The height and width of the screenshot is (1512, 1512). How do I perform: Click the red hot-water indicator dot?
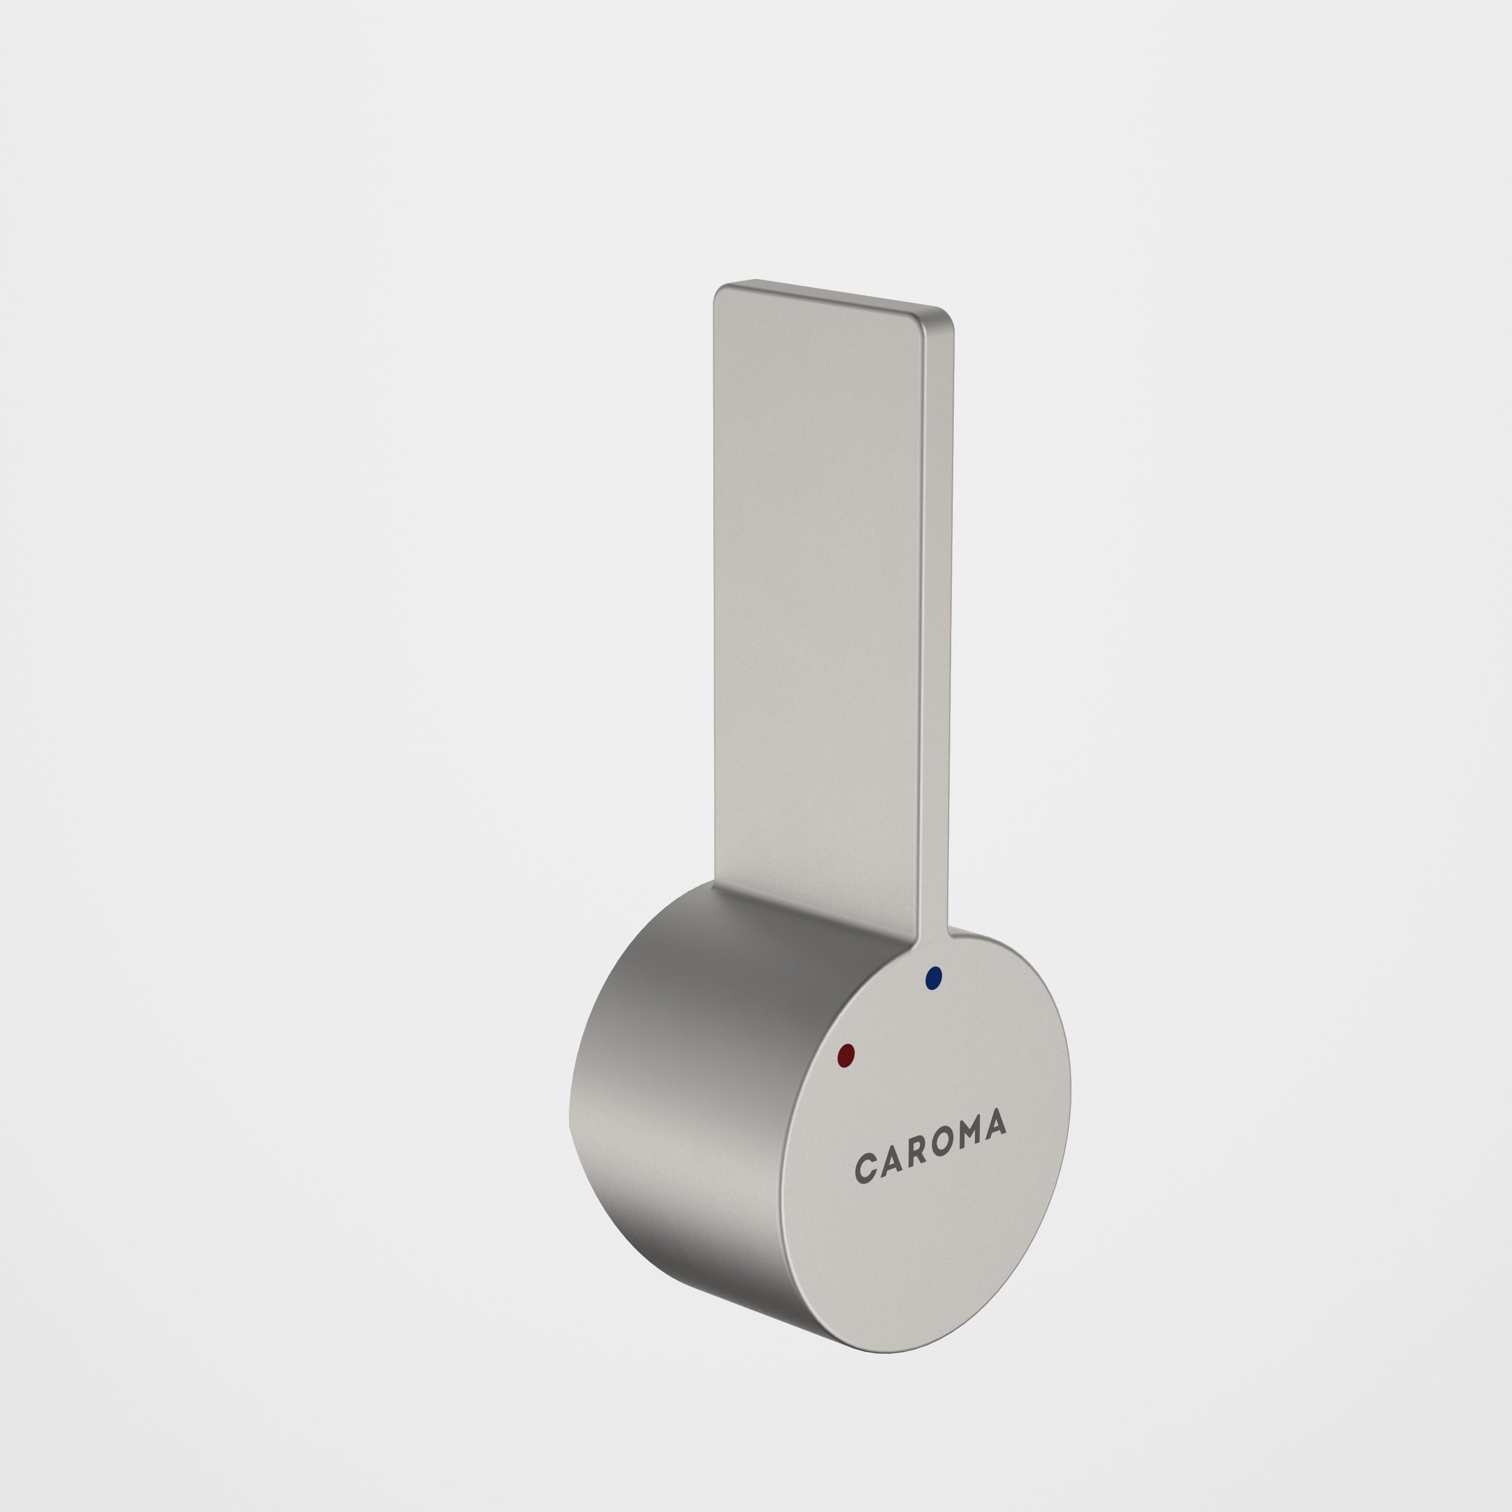point(845,1055)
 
